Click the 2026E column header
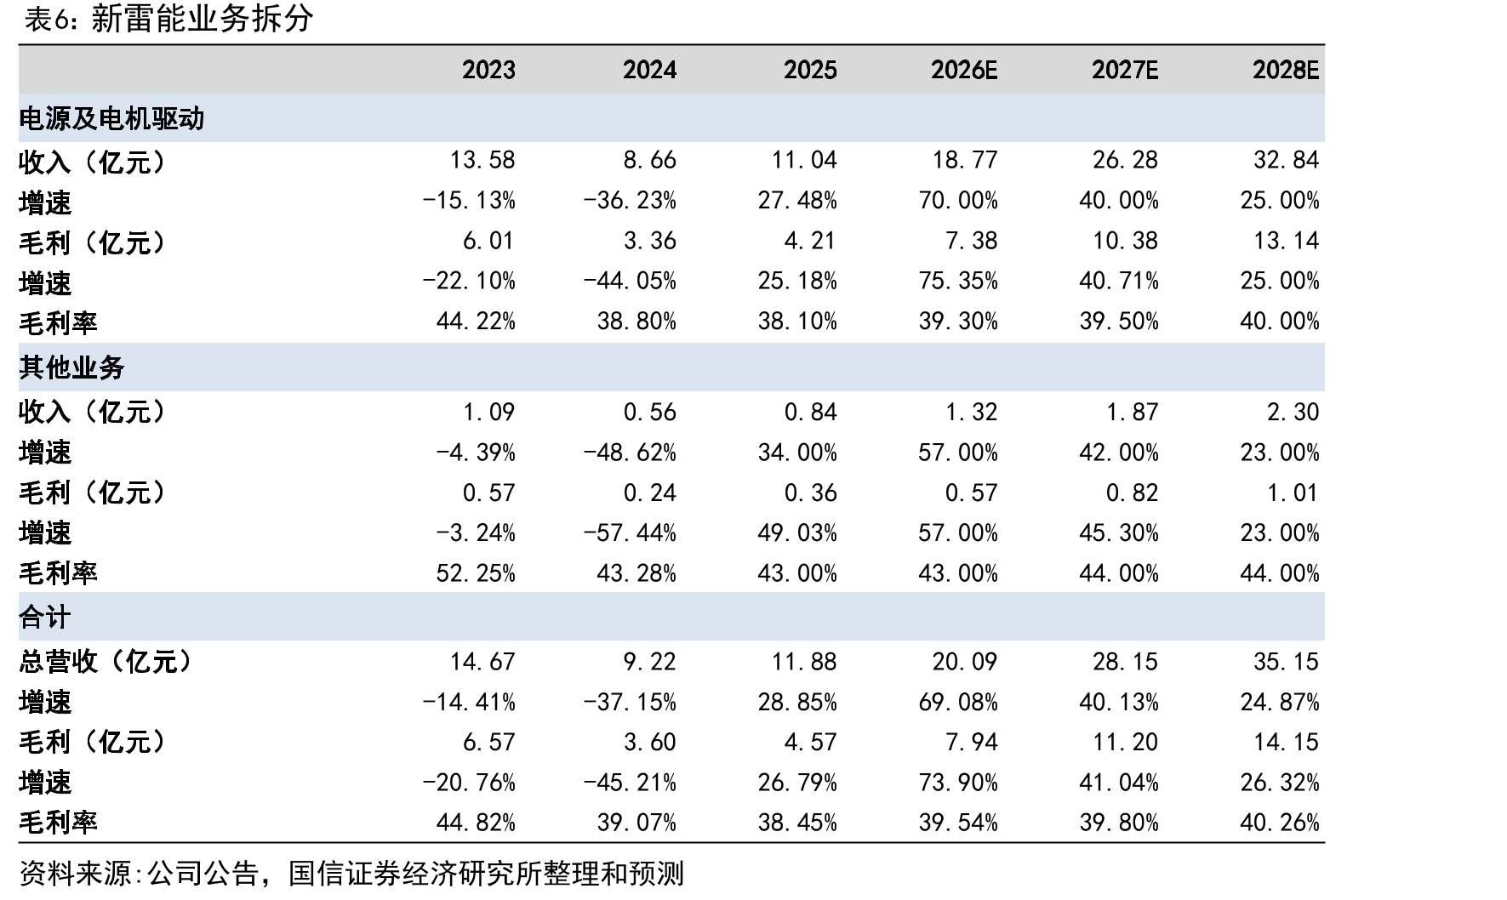963,70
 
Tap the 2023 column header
488,70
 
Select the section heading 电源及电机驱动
111,118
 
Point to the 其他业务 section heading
71,367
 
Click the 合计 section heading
44,617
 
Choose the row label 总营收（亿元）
105,662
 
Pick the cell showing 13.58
482,160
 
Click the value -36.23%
630,201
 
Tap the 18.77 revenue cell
965,160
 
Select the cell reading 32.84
1287,160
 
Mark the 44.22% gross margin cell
476,322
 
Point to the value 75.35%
958,282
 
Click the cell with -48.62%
630,453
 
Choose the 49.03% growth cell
797,533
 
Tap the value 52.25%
476,573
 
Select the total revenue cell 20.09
965,662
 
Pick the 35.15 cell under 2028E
1287,662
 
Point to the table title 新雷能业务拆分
202,19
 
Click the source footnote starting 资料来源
351,874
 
